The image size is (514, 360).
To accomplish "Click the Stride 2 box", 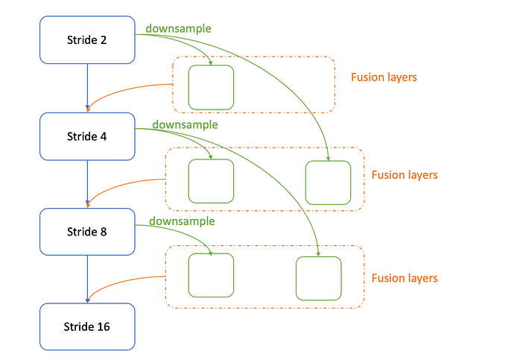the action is click(87, 40).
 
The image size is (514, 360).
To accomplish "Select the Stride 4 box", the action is click(87, 136).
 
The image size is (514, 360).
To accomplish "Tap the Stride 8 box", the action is click(87, 232).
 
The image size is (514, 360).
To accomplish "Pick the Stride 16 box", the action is click(87, 326).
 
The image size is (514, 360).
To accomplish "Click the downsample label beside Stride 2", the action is click(178, 29).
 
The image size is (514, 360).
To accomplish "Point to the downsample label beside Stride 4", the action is click(185, 125).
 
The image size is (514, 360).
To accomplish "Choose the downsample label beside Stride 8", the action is click(182, 221).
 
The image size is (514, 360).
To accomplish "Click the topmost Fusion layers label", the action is click(384, 78).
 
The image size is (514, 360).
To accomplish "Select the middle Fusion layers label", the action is click(404, 175).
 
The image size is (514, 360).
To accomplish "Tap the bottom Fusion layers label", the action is click(404, 278).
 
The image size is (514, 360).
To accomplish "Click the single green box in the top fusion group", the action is click(211, 87).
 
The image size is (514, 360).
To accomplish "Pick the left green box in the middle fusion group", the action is click(211, 181).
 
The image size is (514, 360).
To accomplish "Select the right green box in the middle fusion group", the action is click(328, 183).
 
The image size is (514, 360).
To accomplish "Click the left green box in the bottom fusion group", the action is click(211, 275).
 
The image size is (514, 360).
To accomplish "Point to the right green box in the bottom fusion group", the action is click(319, 278).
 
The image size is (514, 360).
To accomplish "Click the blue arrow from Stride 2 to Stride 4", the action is click(87, 87).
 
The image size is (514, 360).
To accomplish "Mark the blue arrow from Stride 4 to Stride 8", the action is click(87, 183).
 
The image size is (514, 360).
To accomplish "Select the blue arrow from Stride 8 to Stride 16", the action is click(87, 278).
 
